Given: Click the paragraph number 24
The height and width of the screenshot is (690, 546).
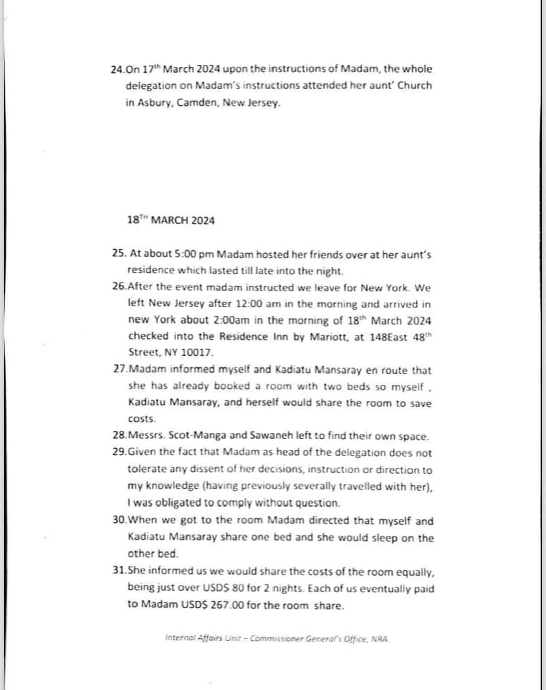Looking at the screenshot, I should click(x=117, y=69).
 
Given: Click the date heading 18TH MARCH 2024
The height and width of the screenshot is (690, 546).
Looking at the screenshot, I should click(x=171, y=220).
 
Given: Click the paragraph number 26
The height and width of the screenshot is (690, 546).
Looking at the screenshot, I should click(x=119, y=287).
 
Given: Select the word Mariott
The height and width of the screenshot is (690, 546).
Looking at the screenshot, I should click(x=329, y=336).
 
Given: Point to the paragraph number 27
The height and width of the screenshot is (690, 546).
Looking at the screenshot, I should click(x=120, y=369).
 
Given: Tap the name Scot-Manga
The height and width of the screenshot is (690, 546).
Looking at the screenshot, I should click(x=199, y=436).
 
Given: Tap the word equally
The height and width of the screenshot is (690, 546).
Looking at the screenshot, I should click(x=414, y=572).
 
